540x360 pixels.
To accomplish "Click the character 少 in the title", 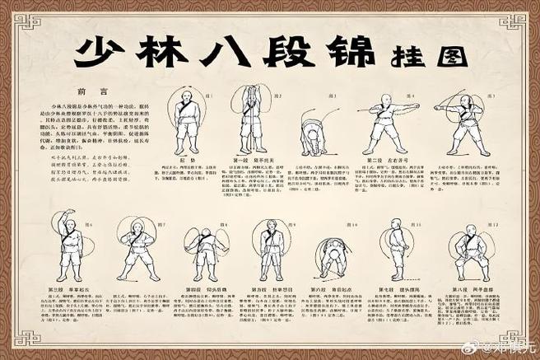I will [x=100, y=51].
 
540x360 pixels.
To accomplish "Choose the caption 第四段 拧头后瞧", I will [x=202, y=290].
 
